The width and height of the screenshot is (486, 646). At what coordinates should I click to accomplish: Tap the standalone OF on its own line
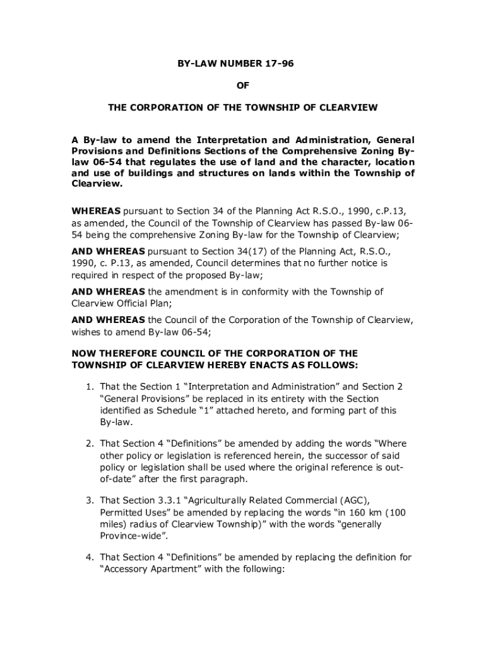coord(242,85)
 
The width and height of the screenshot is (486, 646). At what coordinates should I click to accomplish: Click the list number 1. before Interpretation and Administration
coord(90,386)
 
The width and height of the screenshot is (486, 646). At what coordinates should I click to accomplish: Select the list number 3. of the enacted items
coord(90,500)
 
